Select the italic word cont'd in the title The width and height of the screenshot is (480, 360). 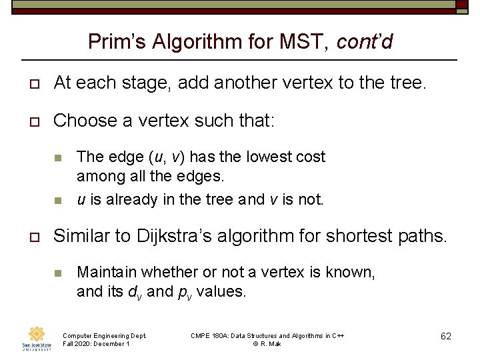click(365, 43)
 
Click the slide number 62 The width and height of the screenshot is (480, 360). click(446, 336)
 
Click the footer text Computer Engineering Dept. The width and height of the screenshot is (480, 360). click(104, 335)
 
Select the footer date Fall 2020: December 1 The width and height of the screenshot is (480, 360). click(96, 343)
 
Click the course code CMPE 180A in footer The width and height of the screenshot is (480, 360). click(209, 335)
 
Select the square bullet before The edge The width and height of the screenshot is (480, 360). click(58, 158)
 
